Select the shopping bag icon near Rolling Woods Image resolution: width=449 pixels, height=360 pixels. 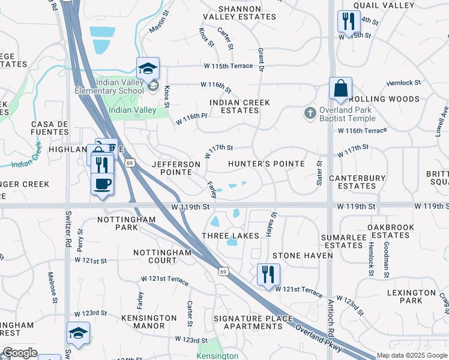[340, 89]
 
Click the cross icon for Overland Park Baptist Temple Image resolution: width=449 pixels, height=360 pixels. [310, 112]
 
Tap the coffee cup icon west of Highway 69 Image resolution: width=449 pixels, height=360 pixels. [102, 183]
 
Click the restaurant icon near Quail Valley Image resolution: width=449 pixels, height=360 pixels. [349, 22]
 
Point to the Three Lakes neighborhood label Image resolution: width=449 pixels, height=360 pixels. [231, 236]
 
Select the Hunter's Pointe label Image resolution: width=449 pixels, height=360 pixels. [267, 164]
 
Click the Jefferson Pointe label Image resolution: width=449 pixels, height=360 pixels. [176, 168]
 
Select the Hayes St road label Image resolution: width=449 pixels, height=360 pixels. [274, 223]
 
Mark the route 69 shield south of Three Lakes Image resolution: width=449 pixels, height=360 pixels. [223, 272]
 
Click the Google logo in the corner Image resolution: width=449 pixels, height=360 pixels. [20, 353]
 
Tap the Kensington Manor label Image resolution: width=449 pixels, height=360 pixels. [143, 322]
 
